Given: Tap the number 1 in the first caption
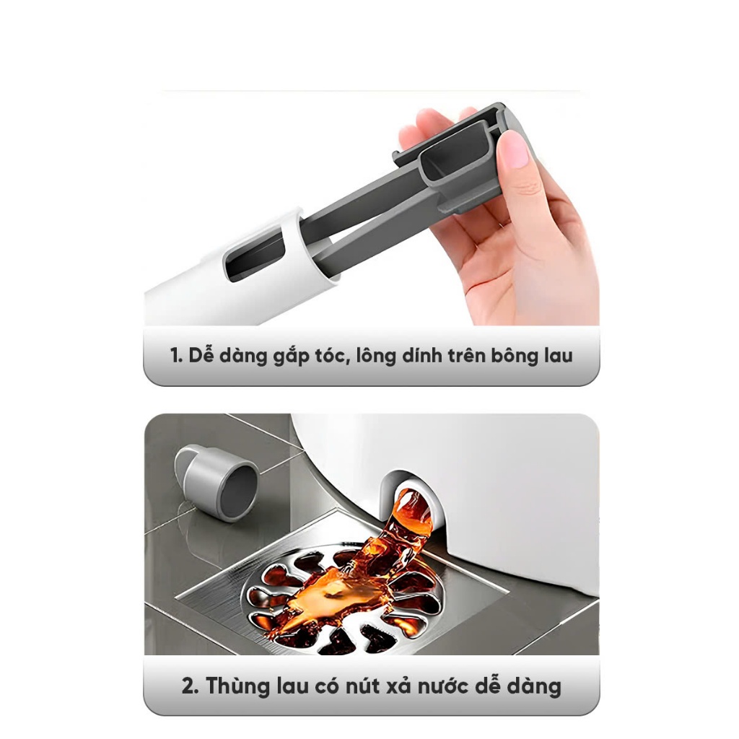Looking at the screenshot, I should [x=174, y=356].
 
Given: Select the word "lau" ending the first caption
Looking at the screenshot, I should [x=555, y=356].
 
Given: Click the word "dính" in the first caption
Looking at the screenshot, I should [x=414, y=356].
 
